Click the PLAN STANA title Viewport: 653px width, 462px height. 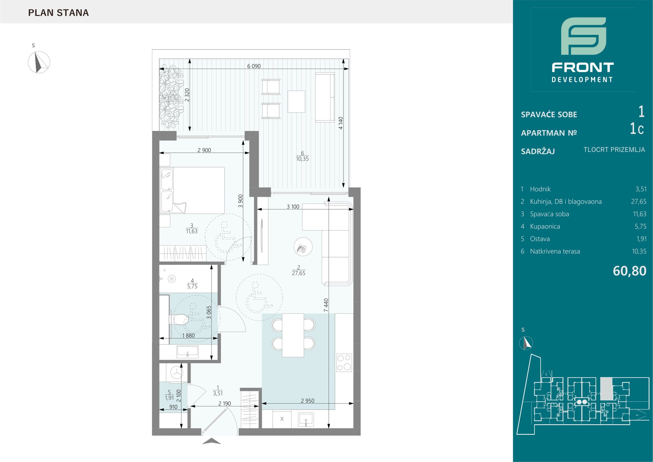(59, 13)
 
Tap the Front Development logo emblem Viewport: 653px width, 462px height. (583, 40)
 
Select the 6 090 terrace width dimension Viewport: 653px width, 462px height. (254, 66)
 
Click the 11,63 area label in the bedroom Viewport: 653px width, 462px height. (192, 231)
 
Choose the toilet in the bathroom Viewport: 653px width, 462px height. (179, 320)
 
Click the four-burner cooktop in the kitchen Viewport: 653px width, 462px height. (344, 363)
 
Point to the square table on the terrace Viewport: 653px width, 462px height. (296, 102)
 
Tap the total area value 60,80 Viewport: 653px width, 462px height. (629, 271)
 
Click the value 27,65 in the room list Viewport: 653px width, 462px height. (638, 202)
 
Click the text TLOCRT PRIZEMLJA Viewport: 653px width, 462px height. (614, 150)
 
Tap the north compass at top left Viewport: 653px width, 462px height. (39, 62)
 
